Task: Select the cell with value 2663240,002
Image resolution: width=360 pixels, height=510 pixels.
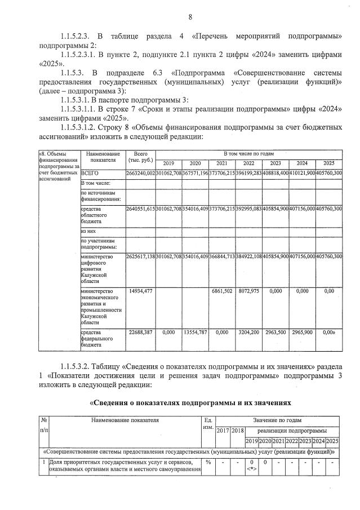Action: point(140,173)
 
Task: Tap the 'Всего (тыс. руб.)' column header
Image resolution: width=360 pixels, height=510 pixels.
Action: point(140,157)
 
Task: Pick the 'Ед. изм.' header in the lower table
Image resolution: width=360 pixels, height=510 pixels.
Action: point(208,423)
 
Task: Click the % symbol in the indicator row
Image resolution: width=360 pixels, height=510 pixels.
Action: point(208,463)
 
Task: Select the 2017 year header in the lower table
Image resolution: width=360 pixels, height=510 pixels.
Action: point(223,431)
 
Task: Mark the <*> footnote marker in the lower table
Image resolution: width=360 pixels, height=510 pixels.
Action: point(252,469)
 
